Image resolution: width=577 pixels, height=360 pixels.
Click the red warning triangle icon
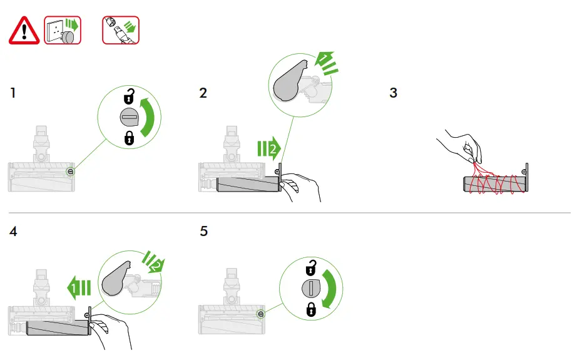24,31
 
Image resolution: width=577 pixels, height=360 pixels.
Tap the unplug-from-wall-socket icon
63,30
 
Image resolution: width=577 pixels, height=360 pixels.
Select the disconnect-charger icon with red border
121,30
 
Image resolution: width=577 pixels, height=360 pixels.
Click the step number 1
13,93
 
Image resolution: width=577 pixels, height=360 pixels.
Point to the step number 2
203,93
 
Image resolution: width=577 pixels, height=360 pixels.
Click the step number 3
394,93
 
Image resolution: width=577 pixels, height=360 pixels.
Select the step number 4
13,231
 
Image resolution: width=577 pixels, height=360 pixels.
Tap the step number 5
204,231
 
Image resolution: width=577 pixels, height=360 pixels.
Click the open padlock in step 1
129,96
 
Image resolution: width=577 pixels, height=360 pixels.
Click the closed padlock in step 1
129,138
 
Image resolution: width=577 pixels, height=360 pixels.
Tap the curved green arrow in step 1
149,117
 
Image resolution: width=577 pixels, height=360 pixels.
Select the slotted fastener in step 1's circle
130,118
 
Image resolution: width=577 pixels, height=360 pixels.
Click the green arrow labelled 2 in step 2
269,148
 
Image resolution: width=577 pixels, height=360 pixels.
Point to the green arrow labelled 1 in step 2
326,63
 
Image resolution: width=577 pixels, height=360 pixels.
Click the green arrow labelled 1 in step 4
79,287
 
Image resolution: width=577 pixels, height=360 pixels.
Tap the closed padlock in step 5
311,309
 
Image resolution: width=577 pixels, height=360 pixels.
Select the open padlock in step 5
311,267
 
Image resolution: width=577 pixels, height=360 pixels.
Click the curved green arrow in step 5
330,289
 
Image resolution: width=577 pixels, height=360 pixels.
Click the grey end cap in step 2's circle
289,81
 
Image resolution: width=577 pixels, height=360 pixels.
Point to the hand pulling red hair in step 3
462,146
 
